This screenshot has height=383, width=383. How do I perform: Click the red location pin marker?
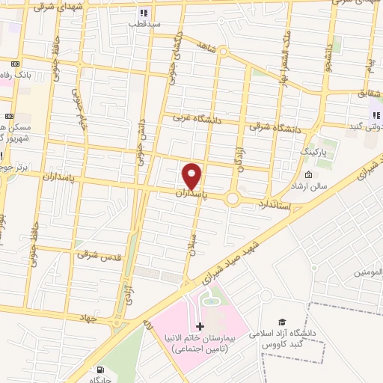[192, 175]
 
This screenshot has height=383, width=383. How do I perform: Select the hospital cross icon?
[199, 326]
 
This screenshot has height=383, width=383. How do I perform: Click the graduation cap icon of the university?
[281, 321]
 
